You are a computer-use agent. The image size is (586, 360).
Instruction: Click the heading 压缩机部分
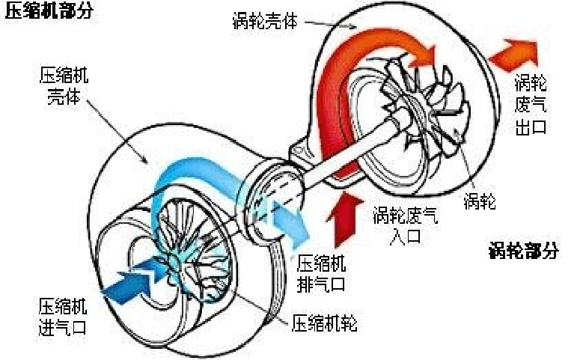tap(49, 12)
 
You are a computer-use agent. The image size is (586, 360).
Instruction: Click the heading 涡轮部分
tap(524, 251)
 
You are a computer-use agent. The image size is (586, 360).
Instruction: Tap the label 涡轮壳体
tap(265, 21)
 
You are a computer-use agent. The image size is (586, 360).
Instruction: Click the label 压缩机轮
tap(324, 323)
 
